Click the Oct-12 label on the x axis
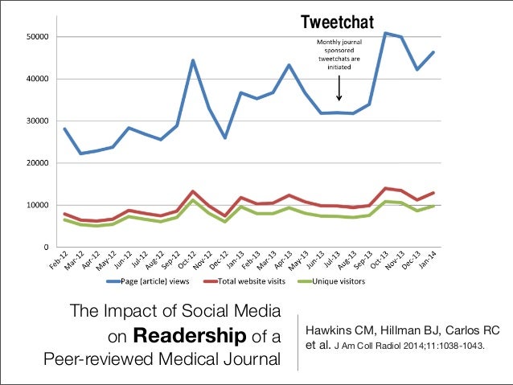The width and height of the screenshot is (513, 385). coord(187,263)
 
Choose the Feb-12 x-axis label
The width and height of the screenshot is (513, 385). coord(57,263)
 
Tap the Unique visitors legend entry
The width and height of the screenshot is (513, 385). coord(330,281)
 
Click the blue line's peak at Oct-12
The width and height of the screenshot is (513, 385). coord(193,60)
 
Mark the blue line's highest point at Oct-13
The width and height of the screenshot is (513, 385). coord(387,33)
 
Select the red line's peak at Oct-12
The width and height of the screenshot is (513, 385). coord(193,191)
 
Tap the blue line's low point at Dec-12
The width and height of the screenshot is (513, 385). coord(225,137)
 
